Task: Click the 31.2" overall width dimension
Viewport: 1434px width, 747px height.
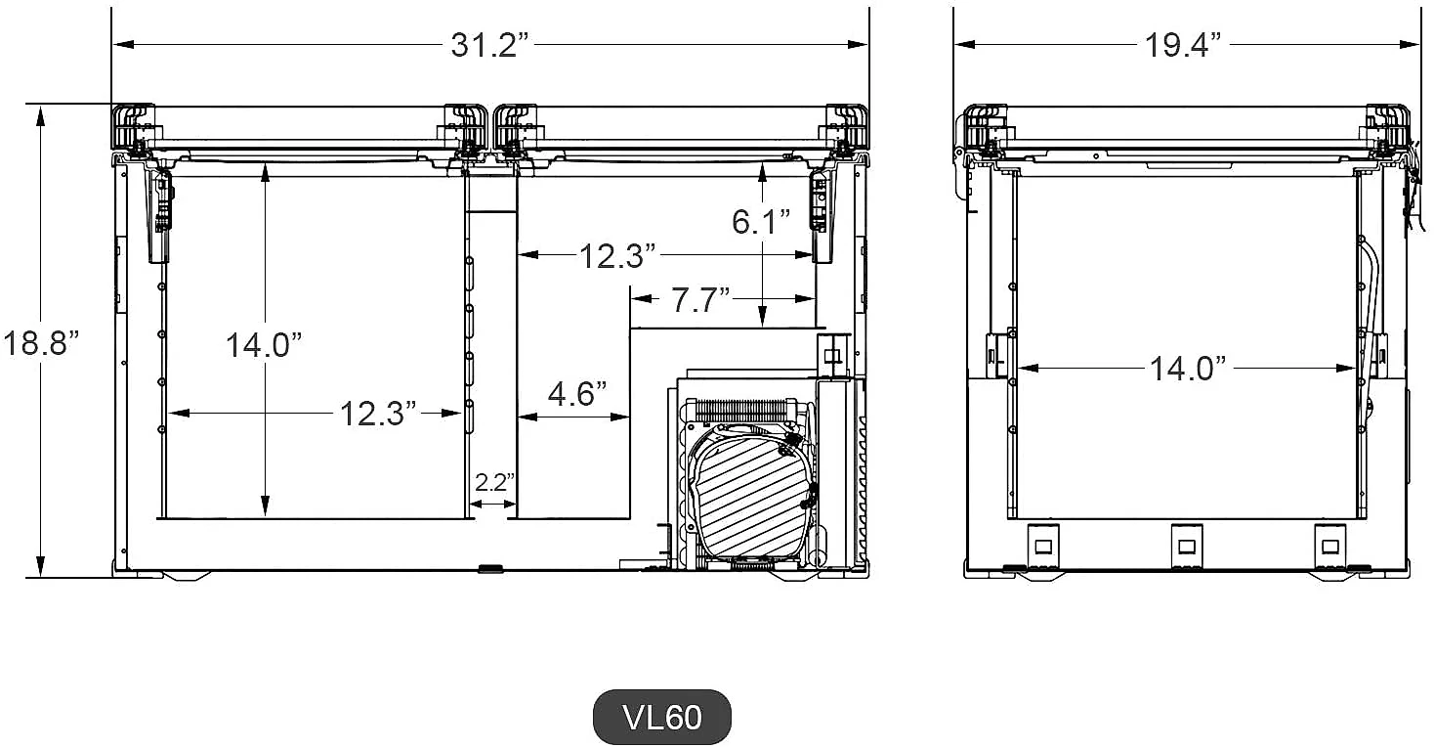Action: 490,45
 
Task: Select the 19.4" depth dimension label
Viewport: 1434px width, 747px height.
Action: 1183,45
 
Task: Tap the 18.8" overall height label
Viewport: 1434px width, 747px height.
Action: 42,343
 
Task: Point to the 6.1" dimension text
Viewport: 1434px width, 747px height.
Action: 761,222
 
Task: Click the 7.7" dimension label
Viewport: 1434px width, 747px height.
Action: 700,300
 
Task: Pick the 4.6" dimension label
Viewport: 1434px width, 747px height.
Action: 577,393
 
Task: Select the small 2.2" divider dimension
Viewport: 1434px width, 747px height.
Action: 494,482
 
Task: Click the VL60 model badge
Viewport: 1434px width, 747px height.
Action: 662,717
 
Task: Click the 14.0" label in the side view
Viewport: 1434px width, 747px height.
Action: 1189,369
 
